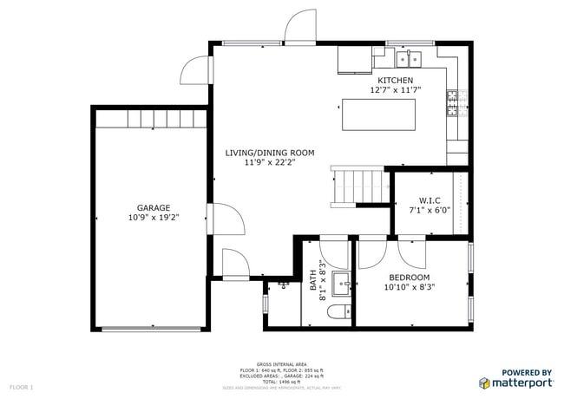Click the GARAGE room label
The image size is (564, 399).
pos(152,207)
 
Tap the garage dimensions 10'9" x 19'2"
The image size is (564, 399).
pos(152,219)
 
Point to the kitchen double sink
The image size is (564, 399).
pos(408,59)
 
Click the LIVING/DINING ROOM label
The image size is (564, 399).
pos(270,153)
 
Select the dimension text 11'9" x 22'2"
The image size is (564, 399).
pos(270,163)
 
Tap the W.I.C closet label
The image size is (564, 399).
pos(430,199)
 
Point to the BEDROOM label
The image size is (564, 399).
pos(410,278)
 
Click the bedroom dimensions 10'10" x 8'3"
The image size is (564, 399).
pos(410,288)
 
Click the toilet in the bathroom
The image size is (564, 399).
pos(340,311)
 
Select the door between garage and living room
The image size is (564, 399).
pos(224,219)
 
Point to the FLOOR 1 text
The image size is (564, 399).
pos(21,386)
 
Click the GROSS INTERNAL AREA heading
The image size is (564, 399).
pos(281,364)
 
